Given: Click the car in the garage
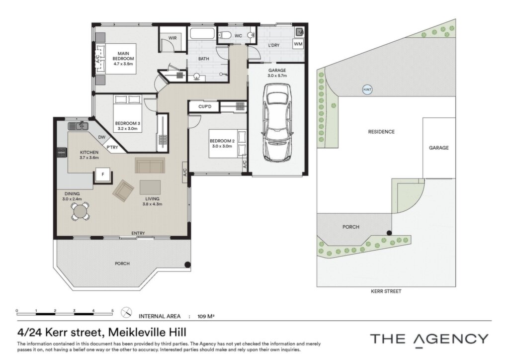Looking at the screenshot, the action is point(277,123).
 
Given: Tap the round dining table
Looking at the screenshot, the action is point(81,212).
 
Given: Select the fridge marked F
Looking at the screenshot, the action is point(103,175).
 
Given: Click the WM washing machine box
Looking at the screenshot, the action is point(298,44).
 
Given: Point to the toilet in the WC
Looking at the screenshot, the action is point(224,35).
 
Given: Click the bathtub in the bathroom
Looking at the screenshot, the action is point(202,33).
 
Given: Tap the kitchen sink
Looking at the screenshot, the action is point(78,126).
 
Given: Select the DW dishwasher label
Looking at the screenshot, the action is point(102,137).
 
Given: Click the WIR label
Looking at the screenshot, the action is point(172,38).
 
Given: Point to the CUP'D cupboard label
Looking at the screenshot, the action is point(205,106).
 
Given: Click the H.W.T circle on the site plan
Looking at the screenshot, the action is point(367,90).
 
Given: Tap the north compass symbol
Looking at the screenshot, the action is point(126,313).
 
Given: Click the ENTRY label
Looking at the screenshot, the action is point(138,233).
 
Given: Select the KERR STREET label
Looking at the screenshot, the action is point(386,291).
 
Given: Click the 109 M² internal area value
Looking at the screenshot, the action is point(206,316).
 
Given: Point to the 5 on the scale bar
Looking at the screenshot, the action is point(112,311).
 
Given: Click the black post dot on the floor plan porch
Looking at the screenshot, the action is point(187,265).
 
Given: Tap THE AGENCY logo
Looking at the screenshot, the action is point(429,339).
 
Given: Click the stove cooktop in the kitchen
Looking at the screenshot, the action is point(62,153).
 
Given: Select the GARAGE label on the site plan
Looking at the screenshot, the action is point(438,148).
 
